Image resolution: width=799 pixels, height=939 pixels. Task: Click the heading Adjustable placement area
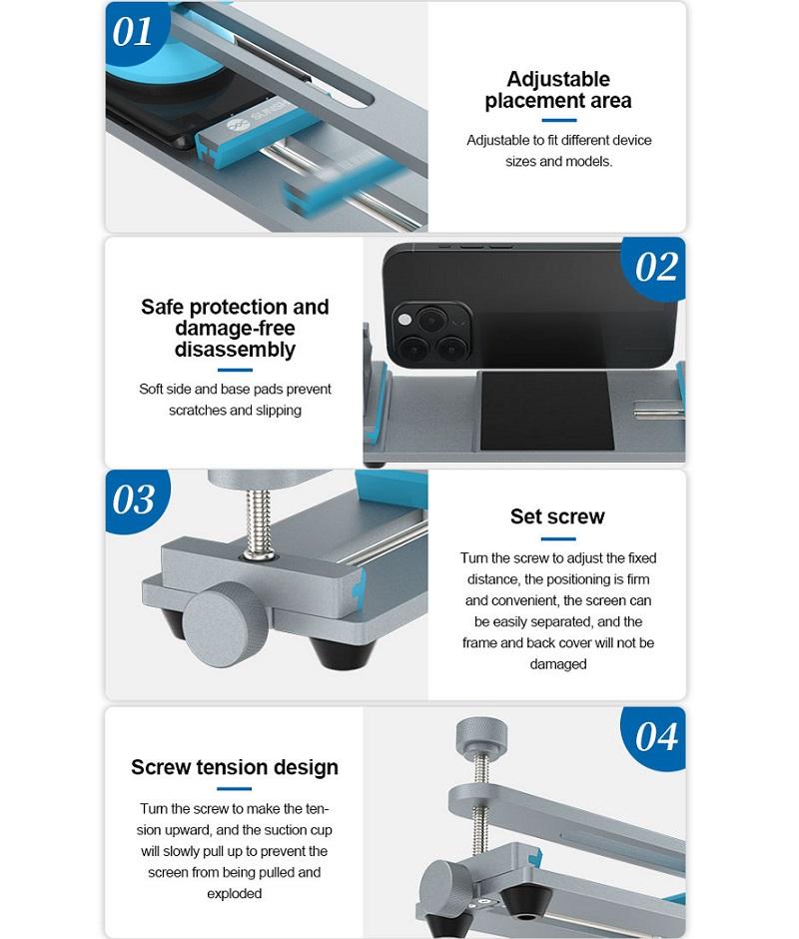pos(558,90)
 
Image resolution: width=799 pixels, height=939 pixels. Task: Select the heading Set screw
pos(557,516)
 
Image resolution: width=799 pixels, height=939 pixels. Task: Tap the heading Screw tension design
pos(235,767)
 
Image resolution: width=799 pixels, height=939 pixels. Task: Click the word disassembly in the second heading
pos(235,350)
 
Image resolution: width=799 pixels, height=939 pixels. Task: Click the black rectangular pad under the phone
pos(546,411)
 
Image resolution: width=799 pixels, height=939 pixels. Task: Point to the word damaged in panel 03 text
pos(557,664)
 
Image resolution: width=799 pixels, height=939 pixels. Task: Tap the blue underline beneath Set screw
pos(557,539)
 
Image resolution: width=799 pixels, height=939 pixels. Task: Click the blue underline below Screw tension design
pos(234,789)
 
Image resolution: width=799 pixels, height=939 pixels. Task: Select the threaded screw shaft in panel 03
pos(259,519)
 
